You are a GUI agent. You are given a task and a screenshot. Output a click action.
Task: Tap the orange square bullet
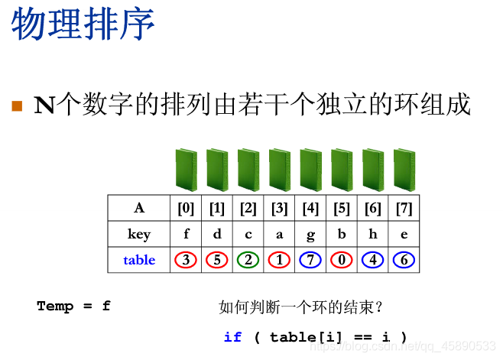coord(18,105)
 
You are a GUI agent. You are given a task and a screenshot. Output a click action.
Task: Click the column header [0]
coord(186,208)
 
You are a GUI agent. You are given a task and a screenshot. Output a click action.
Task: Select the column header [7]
coord(404,208)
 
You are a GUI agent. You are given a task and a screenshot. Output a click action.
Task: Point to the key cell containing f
coord(186,234)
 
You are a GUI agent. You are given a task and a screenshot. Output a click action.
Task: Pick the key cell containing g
coord(310,234)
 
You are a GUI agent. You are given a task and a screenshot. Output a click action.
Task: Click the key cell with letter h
coord(373,234)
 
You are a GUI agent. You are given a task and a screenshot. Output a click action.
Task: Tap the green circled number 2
coord(248,260)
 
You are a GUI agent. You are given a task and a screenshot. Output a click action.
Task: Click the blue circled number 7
coord(310,260)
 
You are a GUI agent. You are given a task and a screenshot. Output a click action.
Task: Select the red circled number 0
coord(342,260)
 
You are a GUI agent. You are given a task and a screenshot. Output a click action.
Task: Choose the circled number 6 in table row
coord(404,260)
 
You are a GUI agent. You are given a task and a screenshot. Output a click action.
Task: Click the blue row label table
coord(139,260)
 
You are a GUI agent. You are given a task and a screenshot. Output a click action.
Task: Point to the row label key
coord(139,234)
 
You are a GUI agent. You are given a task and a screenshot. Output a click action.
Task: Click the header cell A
coord(139,208)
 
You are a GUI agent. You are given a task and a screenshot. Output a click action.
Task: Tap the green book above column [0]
coord(186,170)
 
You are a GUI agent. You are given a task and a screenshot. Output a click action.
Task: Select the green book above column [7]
coord(404,170)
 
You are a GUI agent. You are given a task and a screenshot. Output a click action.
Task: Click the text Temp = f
coord(73,306)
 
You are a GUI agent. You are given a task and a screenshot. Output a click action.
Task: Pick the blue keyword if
coord(232,337)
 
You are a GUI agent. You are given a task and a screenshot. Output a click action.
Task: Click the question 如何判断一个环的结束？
coord(300,307)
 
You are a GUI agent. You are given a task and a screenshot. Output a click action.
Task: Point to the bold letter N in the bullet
coord(44,105)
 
